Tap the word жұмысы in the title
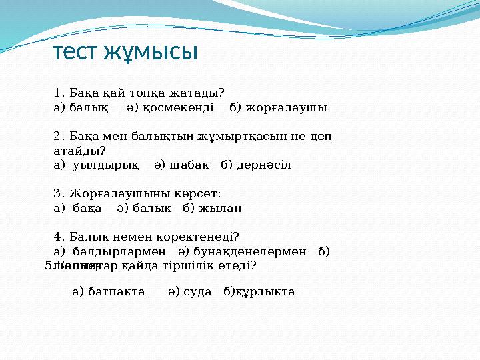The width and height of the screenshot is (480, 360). click(151, 52)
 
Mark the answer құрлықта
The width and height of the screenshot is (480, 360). click(266, 291)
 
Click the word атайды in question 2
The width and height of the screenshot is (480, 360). click(77, 150)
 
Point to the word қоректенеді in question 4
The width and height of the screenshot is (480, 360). click(199, 237)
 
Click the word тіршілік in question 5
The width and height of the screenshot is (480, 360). click(186, 265)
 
